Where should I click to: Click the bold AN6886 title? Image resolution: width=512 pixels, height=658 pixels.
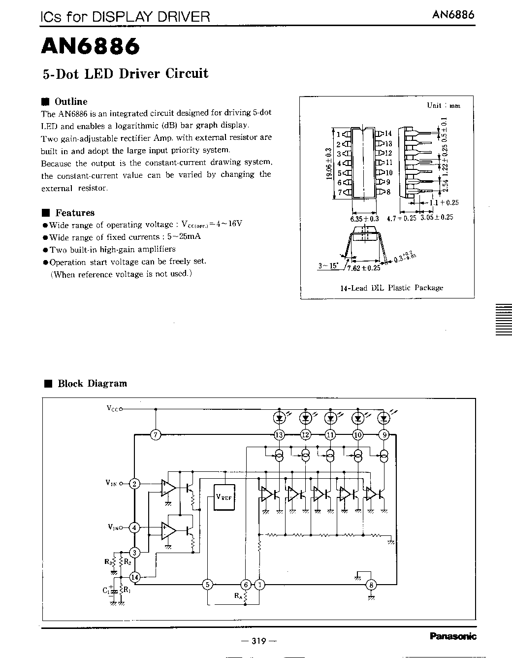click(x=91, y=46)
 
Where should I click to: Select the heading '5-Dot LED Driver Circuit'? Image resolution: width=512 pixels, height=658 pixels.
click(x=125, y=74)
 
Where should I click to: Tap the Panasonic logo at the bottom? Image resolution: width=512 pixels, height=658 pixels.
click(x=453, y=636)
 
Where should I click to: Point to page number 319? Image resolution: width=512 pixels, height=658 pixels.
click(x=258, y=641)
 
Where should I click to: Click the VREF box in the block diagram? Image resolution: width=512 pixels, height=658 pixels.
click(x=224, y=497)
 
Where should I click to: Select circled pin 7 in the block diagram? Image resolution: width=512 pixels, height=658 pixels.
click(x=156, y=435)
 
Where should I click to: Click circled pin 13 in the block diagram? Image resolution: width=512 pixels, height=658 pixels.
click(x=280, y=435)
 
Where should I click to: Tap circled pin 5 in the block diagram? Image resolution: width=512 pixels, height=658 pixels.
click(x=208, y=585)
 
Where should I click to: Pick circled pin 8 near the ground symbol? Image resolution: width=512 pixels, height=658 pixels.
click(x=371, y=585)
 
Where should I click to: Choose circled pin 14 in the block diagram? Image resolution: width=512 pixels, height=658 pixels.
click(x=135, y=577)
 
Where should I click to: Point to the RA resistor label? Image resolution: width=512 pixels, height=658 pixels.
click(x=238, y=596)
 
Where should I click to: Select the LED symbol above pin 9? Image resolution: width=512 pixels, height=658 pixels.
click(x=384, y=418)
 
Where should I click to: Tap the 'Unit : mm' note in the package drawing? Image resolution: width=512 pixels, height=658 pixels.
click(x=443, y=105)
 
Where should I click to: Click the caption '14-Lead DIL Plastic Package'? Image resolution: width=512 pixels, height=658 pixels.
click(x=391, y=288)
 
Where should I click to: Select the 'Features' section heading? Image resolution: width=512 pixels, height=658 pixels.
click(x=74, y=213)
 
